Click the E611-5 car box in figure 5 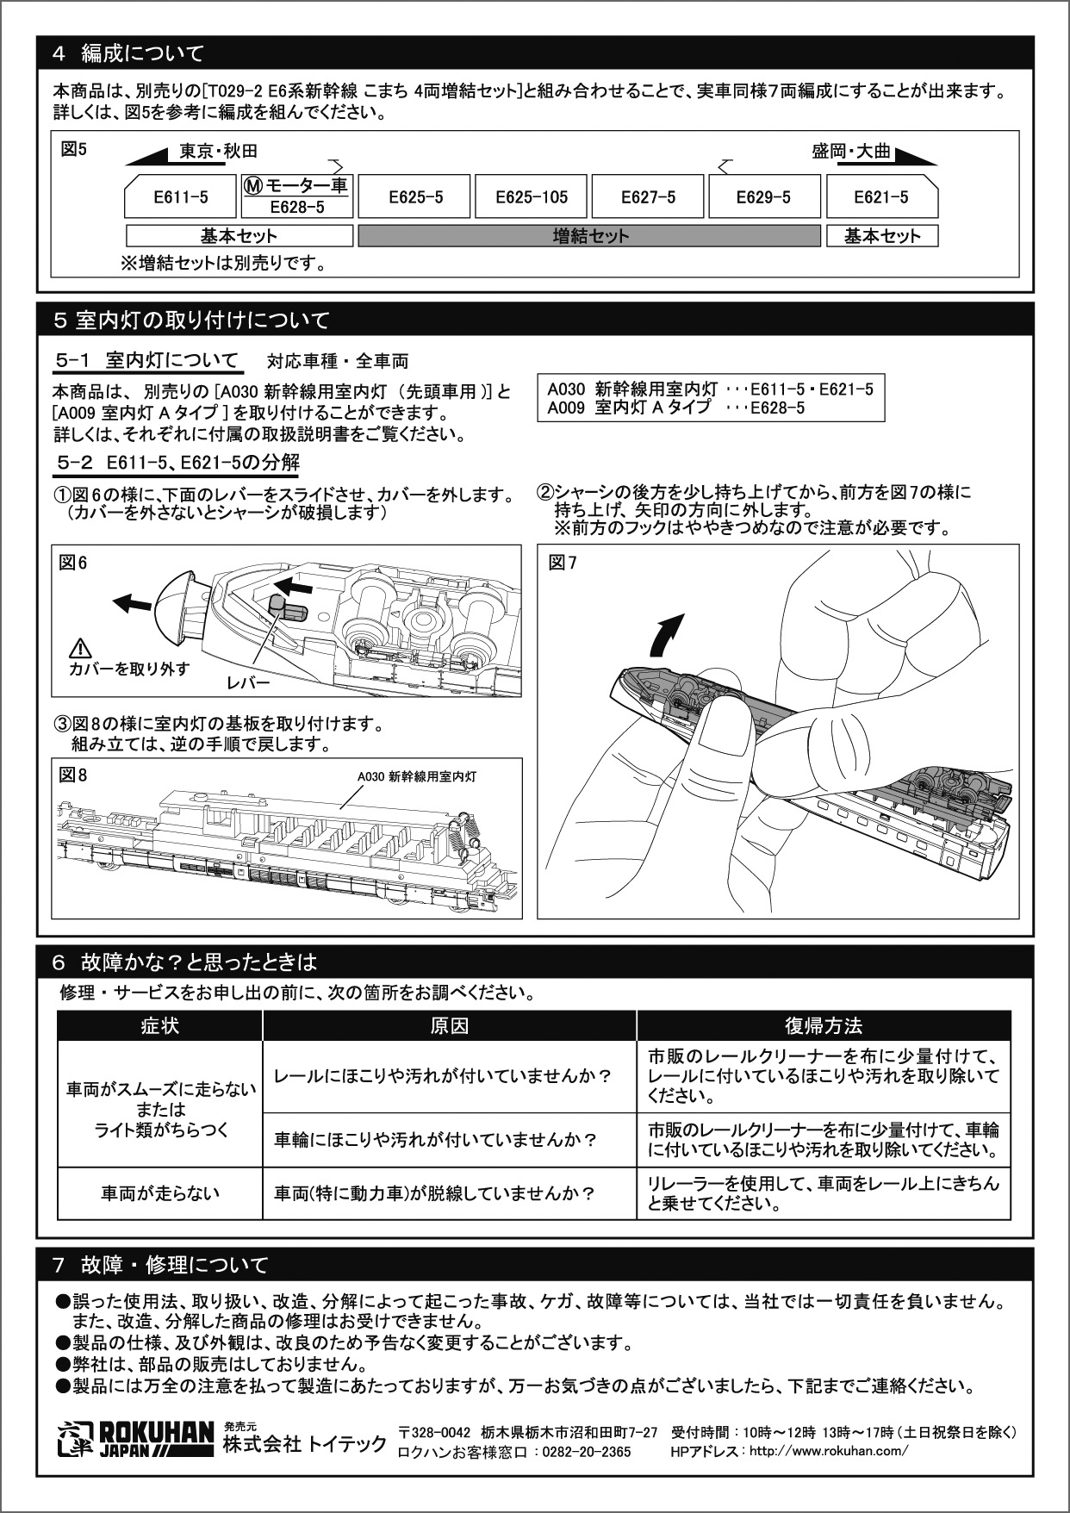click(x=180, y=196)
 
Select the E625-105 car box click(x=532, y=196)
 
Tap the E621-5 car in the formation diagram click(x=881, y=196)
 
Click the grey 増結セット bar click(x=590, y=236)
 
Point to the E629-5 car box click(x=762, y=196)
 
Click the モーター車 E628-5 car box click(x=297, y=196)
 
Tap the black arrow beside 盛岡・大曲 click(x=916, y=156)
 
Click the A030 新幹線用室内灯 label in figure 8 click(x=417, y=776)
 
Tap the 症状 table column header click(x=160, y=1025)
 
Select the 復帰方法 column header click(x=824, y=1025)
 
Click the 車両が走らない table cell click(x=160, y=1193)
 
